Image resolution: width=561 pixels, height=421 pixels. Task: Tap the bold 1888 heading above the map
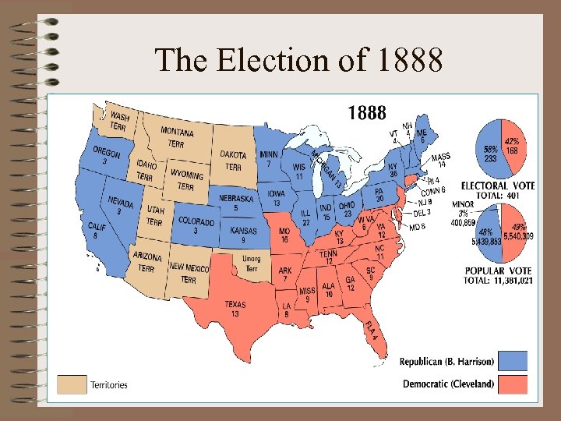coord(366,114)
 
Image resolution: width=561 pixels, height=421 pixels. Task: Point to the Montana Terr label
coord(177,139)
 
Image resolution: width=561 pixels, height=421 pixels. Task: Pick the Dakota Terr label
coord(234,161)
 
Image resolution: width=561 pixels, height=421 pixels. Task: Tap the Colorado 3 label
coord(196,226)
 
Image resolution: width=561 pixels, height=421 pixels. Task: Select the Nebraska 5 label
coord(236,203)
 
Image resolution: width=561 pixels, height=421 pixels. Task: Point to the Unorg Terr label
coord(252,263)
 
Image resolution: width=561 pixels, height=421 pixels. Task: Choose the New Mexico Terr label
coord(188,274)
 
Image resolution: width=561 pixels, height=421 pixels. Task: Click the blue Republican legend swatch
coord(512,361)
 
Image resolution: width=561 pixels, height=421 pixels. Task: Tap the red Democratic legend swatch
coord(512,384)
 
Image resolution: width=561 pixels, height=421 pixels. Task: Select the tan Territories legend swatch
coord(72,384)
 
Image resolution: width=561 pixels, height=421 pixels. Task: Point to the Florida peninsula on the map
coord(372,340)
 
